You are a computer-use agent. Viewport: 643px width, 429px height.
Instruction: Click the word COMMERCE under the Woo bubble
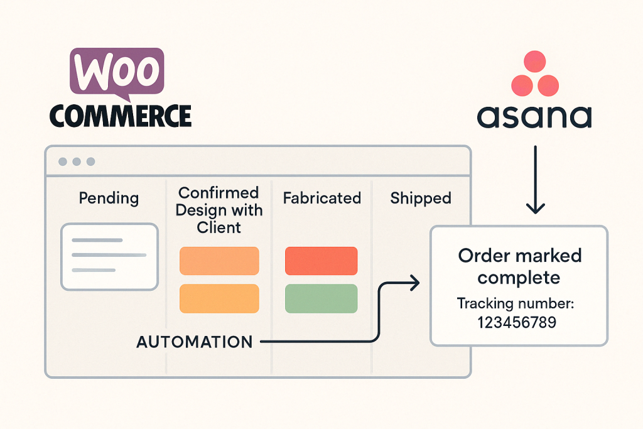(119, 116)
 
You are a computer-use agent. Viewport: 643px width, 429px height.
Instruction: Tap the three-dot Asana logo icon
(535, 73)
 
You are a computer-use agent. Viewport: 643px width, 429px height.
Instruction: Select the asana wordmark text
(534, 117)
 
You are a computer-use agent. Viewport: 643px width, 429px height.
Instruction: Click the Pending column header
(109, 198)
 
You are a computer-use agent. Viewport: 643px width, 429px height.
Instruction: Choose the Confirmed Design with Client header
(219, 209)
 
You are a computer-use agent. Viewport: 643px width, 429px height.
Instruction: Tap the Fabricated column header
(321, 198)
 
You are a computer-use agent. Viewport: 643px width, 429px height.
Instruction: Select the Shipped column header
(420, 198)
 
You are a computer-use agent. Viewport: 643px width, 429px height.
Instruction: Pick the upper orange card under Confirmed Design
(219, 261)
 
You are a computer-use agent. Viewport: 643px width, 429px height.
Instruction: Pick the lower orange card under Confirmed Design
(219, 298)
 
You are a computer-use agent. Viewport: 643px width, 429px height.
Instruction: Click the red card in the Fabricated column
(321, 261)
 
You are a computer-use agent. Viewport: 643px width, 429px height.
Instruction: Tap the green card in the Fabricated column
(321, 298)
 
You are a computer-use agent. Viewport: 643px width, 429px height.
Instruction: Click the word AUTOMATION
(195, 342)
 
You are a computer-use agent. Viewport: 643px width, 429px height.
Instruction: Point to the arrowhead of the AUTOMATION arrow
(414, 283)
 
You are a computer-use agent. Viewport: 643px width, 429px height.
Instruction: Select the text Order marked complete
(519, 266)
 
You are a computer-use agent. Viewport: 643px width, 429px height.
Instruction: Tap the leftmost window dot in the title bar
(63, 161)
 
